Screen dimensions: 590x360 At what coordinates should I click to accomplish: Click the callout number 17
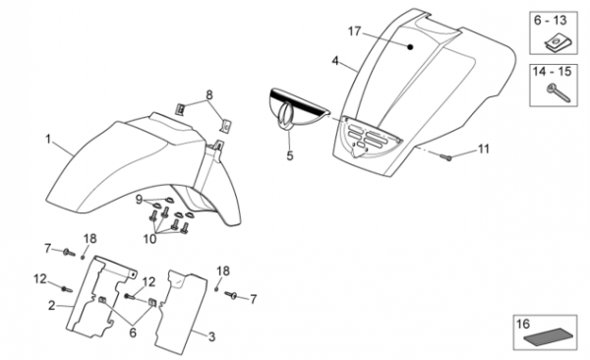coord(354,31)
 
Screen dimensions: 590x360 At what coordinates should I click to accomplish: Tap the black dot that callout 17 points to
coord(410,47)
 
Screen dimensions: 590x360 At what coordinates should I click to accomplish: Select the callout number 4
coord(335,61)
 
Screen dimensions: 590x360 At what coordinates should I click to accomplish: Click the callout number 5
coord(289,155)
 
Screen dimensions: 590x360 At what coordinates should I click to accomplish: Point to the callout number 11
coord(483,150)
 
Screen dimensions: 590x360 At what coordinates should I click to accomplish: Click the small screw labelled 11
coord(444,156)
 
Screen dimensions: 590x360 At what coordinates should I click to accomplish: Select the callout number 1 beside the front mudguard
coord(48,140)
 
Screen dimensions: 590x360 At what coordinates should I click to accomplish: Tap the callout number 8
coord(208,95)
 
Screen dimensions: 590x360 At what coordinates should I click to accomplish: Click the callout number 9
coord(139,200)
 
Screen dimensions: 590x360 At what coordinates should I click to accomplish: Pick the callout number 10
coord(149,238)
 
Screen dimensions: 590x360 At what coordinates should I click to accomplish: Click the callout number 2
coord(51,305)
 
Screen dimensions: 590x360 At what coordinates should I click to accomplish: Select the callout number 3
coord(211,336)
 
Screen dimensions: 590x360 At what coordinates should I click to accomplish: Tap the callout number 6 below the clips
coord(133,332)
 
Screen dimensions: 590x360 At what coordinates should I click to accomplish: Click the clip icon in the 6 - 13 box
coord(557,43)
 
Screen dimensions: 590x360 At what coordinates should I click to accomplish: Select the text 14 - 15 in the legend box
coord(552,71)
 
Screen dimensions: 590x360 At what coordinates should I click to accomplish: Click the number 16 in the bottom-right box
coord(523,324)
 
